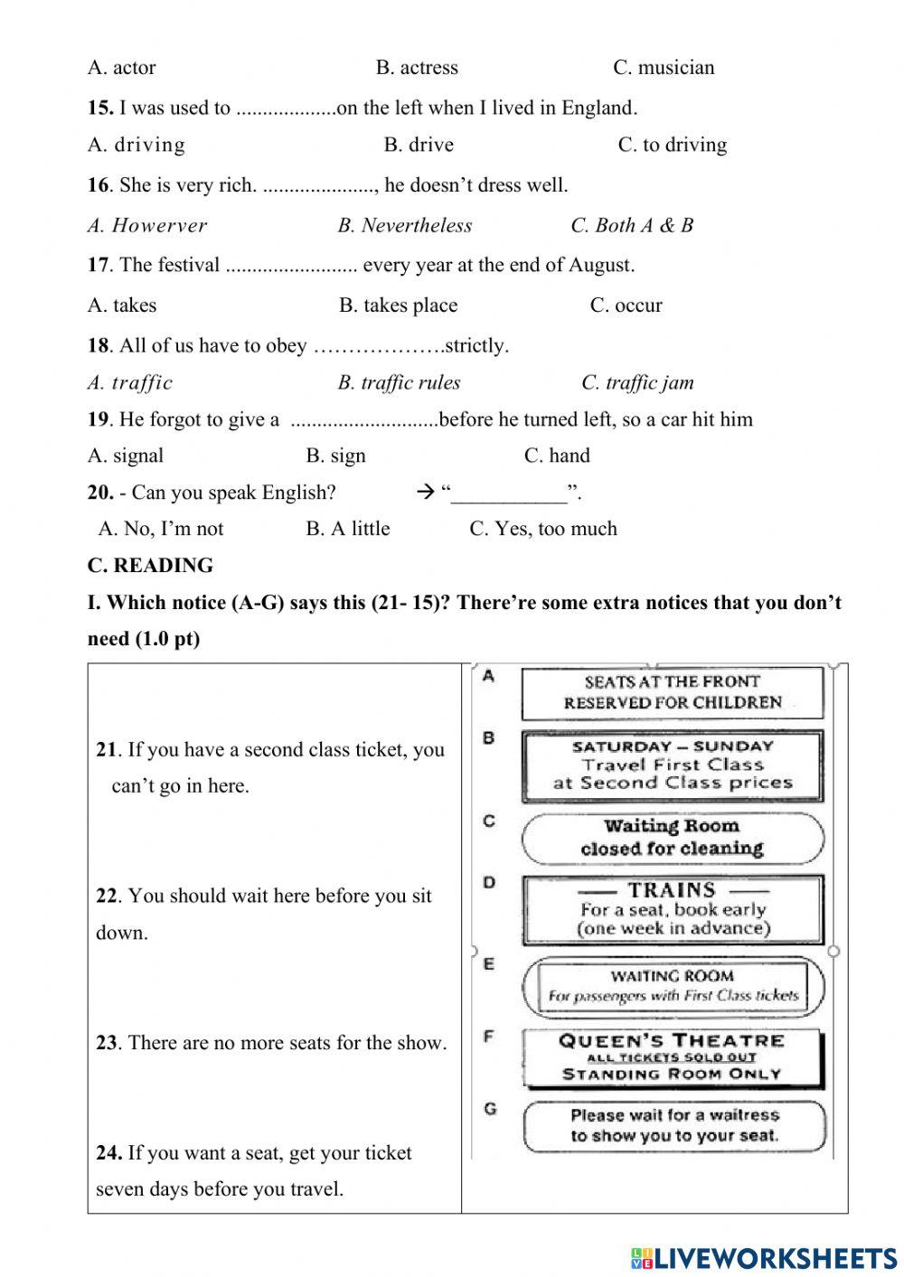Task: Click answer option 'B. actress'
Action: point(417,68)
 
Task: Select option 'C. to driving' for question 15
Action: point(672,145)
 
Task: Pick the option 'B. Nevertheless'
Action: point(404,225)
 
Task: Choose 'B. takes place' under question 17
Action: point(398,305)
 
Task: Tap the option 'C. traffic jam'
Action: point(637,382)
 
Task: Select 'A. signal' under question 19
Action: point(126,455)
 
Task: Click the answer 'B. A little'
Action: point(347,529)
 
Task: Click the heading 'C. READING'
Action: point(150,566)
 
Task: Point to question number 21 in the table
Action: point(107,749)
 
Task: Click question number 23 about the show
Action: point(107,1043)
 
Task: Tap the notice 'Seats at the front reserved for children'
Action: point(672,692)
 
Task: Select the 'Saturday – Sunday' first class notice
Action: point(672,765)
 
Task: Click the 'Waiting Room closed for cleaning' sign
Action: point(672,838)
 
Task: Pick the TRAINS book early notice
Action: point(672,909)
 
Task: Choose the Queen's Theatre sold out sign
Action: point(672,1057)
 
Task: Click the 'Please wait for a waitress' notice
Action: point(673,1126)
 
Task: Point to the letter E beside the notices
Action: point(489,964)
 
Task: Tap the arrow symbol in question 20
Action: point(426,493)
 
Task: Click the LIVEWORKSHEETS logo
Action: point(764,1257)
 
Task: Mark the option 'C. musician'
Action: point(664,68)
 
